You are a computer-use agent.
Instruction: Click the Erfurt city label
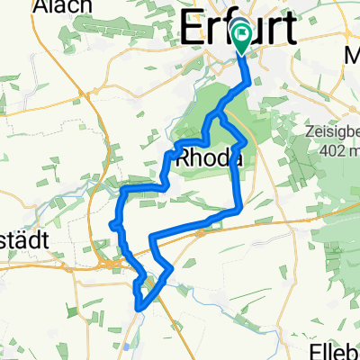(x=238, y=30)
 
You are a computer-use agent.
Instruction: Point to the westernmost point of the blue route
(x=111, y=223)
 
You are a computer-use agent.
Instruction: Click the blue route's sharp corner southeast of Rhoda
(x=238, y=210)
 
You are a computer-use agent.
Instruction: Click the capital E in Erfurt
(x=192, y=30)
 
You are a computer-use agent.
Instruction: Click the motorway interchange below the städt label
(x=110, y=264)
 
